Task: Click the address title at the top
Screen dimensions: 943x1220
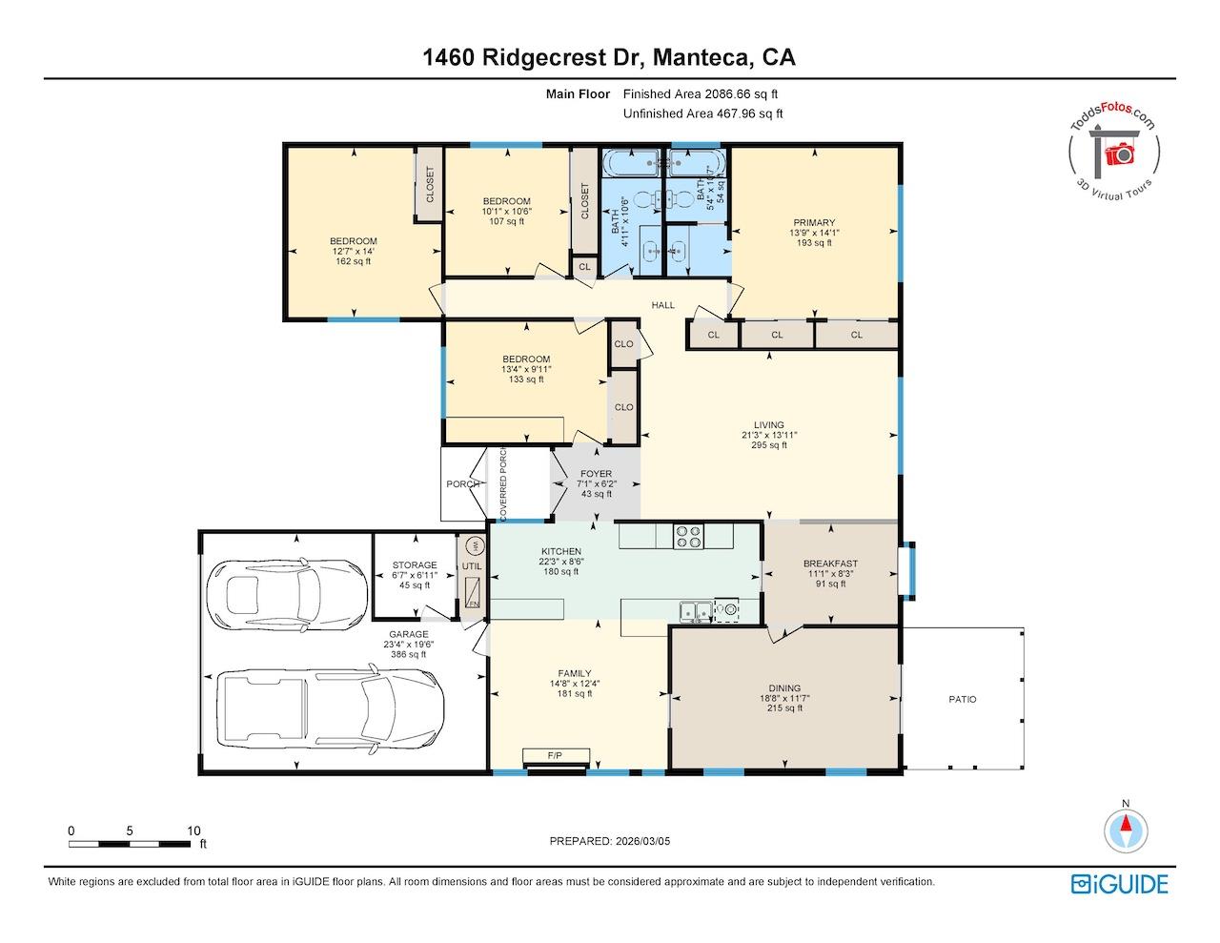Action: point(609,57)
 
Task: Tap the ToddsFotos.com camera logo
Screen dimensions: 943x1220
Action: point(1115,147)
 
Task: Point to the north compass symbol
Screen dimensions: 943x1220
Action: point(1126,829)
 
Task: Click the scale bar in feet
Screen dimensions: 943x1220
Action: point(130,844)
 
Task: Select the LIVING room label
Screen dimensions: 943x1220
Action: point(768,435)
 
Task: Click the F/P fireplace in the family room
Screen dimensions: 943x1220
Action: point(556,757)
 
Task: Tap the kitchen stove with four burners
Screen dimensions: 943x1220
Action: point(688,537)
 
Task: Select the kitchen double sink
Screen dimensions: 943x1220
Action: point(694,610)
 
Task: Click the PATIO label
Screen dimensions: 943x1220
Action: point(962,700)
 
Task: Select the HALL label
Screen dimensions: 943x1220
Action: point(662,305)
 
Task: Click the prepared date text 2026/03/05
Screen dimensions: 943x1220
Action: point(617,841)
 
